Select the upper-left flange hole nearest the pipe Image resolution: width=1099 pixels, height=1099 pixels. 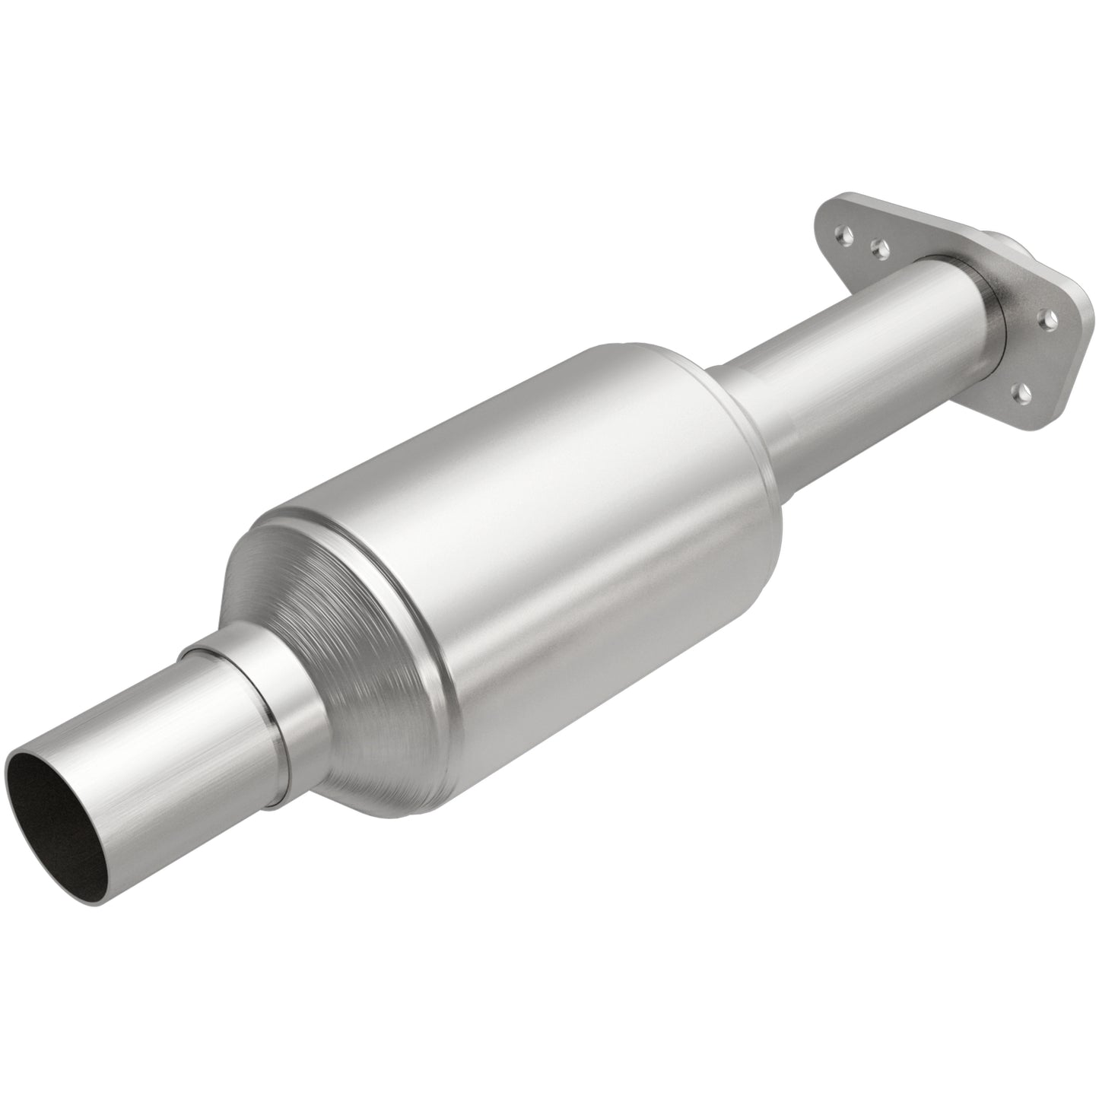tap(880, 247)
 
